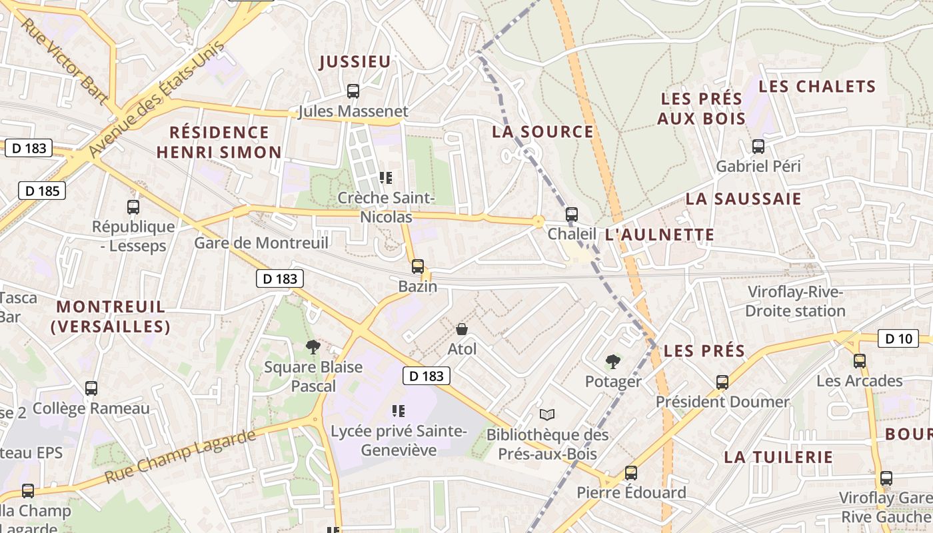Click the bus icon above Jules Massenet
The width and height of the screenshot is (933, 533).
(x=353, y=91)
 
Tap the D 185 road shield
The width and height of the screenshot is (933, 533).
(x=43, y=191)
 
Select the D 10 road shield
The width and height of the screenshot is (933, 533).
(x=898, y=338)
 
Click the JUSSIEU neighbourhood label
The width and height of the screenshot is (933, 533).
(x=355, y=62)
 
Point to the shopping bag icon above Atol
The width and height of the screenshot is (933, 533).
(x=461, y=328)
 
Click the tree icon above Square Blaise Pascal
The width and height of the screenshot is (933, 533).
(x=313, y=346)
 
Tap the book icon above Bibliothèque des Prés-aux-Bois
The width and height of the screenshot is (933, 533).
(x=547, y=414)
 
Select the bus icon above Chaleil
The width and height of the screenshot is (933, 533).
(x=571, y=215)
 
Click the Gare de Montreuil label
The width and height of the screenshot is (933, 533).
(x=261, y=243)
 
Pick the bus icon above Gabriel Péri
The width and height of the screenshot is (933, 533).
(x=758, y=146)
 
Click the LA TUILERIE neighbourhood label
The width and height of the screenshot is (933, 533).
(x=778, y=457)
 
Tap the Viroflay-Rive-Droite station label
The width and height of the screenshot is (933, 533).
(x=795, y=301)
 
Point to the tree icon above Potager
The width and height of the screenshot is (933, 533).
(x=612, y=362)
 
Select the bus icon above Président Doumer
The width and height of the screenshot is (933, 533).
(x=722, y=382)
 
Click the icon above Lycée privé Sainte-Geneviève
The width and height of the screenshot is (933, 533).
(x=399, y=411)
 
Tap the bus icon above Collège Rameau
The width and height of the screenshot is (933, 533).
(x=91, y=388)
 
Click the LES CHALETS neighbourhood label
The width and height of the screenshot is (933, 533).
(x=817, y=87)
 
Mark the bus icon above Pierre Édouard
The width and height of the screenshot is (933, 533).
(x=630, y=473)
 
